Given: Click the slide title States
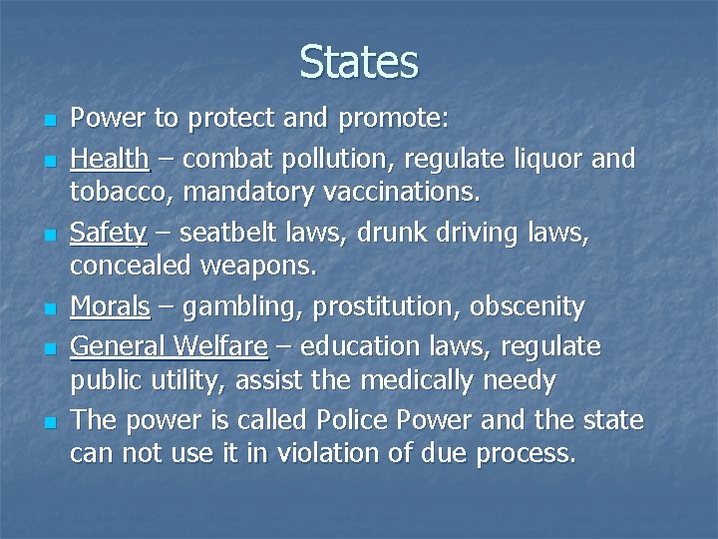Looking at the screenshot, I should [x=358, y=62].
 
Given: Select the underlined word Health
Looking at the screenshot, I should [x=110, y=159].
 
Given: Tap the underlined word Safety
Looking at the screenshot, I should [x=109, y=234].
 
